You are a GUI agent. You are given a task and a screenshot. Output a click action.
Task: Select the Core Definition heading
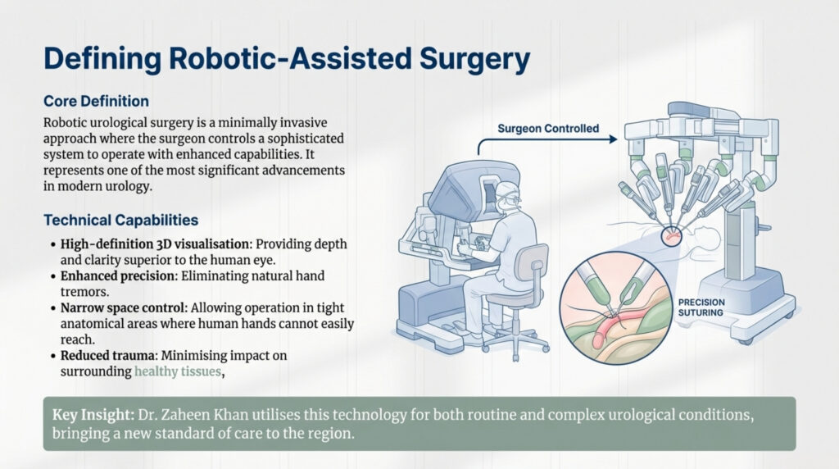95,101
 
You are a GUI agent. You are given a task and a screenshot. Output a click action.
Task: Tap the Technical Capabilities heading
120,221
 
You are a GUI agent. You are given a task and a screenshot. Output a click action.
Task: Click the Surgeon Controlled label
548,129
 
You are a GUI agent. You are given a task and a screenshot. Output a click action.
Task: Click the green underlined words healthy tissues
179,371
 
